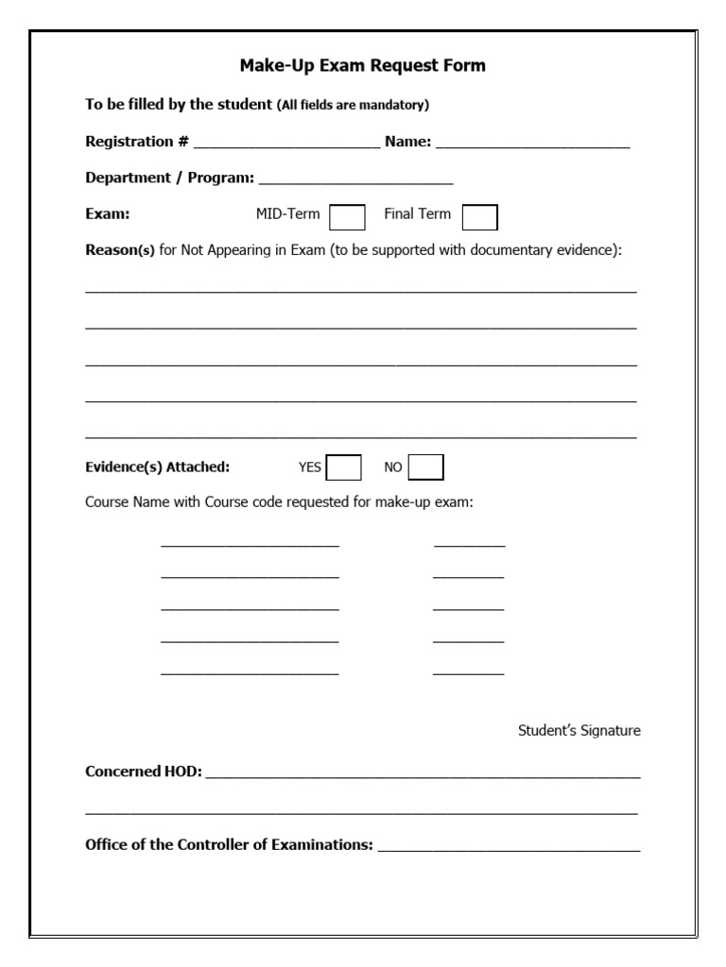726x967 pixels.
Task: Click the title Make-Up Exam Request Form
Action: (x=363, y=65)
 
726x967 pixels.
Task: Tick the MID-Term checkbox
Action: (x=347, y=218)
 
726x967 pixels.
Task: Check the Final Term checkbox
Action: (x=480, y=218)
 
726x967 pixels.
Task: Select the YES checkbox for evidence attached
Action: (x=344, y=467)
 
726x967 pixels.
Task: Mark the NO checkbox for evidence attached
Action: (x=426, y=467)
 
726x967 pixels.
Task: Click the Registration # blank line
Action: (x=286, y=144)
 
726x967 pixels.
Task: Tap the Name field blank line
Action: (x=532, y=144)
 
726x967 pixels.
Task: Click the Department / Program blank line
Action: (x=355, y=180)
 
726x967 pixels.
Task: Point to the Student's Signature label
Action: (x=579, y=730)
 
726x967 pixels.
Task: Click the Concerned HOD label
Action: (x=144, y=772)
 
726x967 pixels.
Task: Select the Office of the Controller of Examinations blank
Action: (x=509, y=848)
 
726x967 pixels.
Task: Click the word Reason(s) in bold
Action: (x=120, y=250)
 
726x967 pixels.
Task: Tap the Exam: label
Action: (x=108, y=214)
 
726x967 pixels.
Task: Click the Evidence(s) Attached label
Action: (x=157, y=467)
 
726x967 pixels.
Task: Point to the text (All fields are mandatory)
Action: (x=353, y=105)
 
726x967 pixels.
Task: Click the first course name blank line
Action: (x=250, y=544)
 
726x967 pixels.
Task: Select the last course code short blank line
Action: (x=469, y=672)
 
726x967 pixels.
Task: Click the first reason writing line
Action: (x=361, y=290)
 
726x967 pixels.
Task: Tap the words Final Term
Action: (x=417, y=214)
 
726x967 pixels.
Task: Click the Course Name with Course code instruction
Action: (x=279, y=502)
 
